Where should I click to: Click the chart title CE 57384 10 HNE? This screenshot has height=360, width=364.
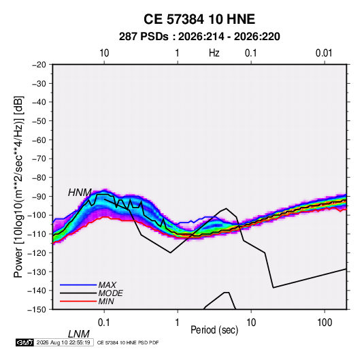[199, 19]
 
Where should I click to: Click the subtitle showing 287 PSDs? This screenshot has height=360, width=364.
[199, 37]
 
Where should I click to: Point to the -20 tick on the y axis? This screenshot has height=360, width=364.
[39, 65]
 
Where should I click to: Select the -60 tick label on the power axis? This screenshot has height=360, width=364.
[39, 140]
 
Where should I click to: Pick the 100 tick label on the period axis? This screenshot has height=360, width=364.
[325, 323]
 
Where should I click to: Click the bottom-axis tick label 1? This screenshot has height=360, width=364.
[178, 323]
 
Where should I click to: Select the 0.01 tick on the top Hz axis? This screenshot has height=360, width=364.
[324, 53]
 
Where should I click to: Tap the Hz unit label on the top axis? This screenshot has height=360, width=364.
[214, 53]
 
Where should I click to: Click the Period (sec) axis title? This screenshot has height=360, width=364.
[214, 330]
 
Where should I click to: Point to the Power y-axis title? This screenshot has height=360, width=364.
[18, 186]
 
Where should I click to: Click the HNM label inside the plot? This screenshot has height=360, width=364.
[80, 193]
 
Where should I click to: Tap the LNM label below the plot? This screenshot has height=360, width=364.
[79, 334]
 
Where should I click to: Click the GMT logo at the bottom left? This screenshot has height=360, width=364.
[25, 342]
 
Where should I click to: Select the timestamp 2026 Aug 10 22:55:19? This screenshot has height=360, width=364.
[63, 342]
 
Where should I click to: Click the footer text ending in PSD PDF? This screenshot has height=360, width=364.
[128, 342]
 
